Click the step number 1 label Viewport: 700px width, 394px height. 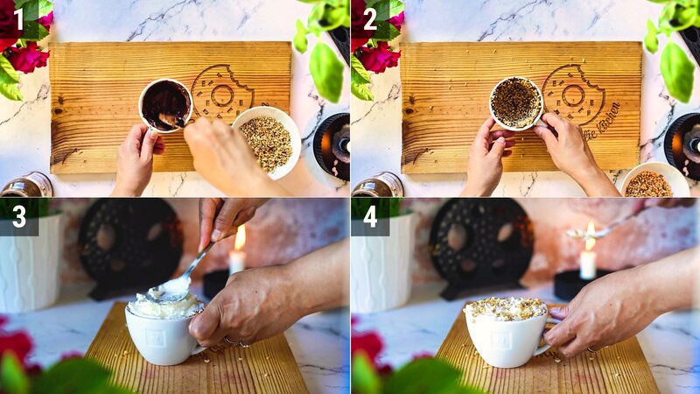(x=17, y=18)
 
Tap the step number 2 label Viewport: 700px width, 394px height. (x=369, y=18)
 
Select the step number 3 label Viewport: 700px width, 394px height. (x=17, y=216)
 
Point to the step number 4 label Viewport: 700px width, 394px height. (x=369, y=216)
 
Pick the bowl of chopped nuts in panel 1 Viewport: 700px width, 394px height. (x=266, y=141)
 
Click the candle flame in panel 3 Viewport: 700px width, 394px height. (x=240, y=237)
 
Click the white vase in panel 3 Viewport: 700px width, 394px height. (x=31, y=263)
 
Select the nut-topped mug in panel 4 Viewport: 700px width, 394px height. (x=506, y=333)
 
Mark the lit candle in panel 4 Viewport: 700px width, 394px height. (x=588, y=258)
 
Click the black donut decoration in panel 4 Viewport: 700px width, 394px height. (x=477, y=245)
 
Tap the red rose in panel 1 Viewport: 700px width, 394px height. (x=28, y=57)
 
